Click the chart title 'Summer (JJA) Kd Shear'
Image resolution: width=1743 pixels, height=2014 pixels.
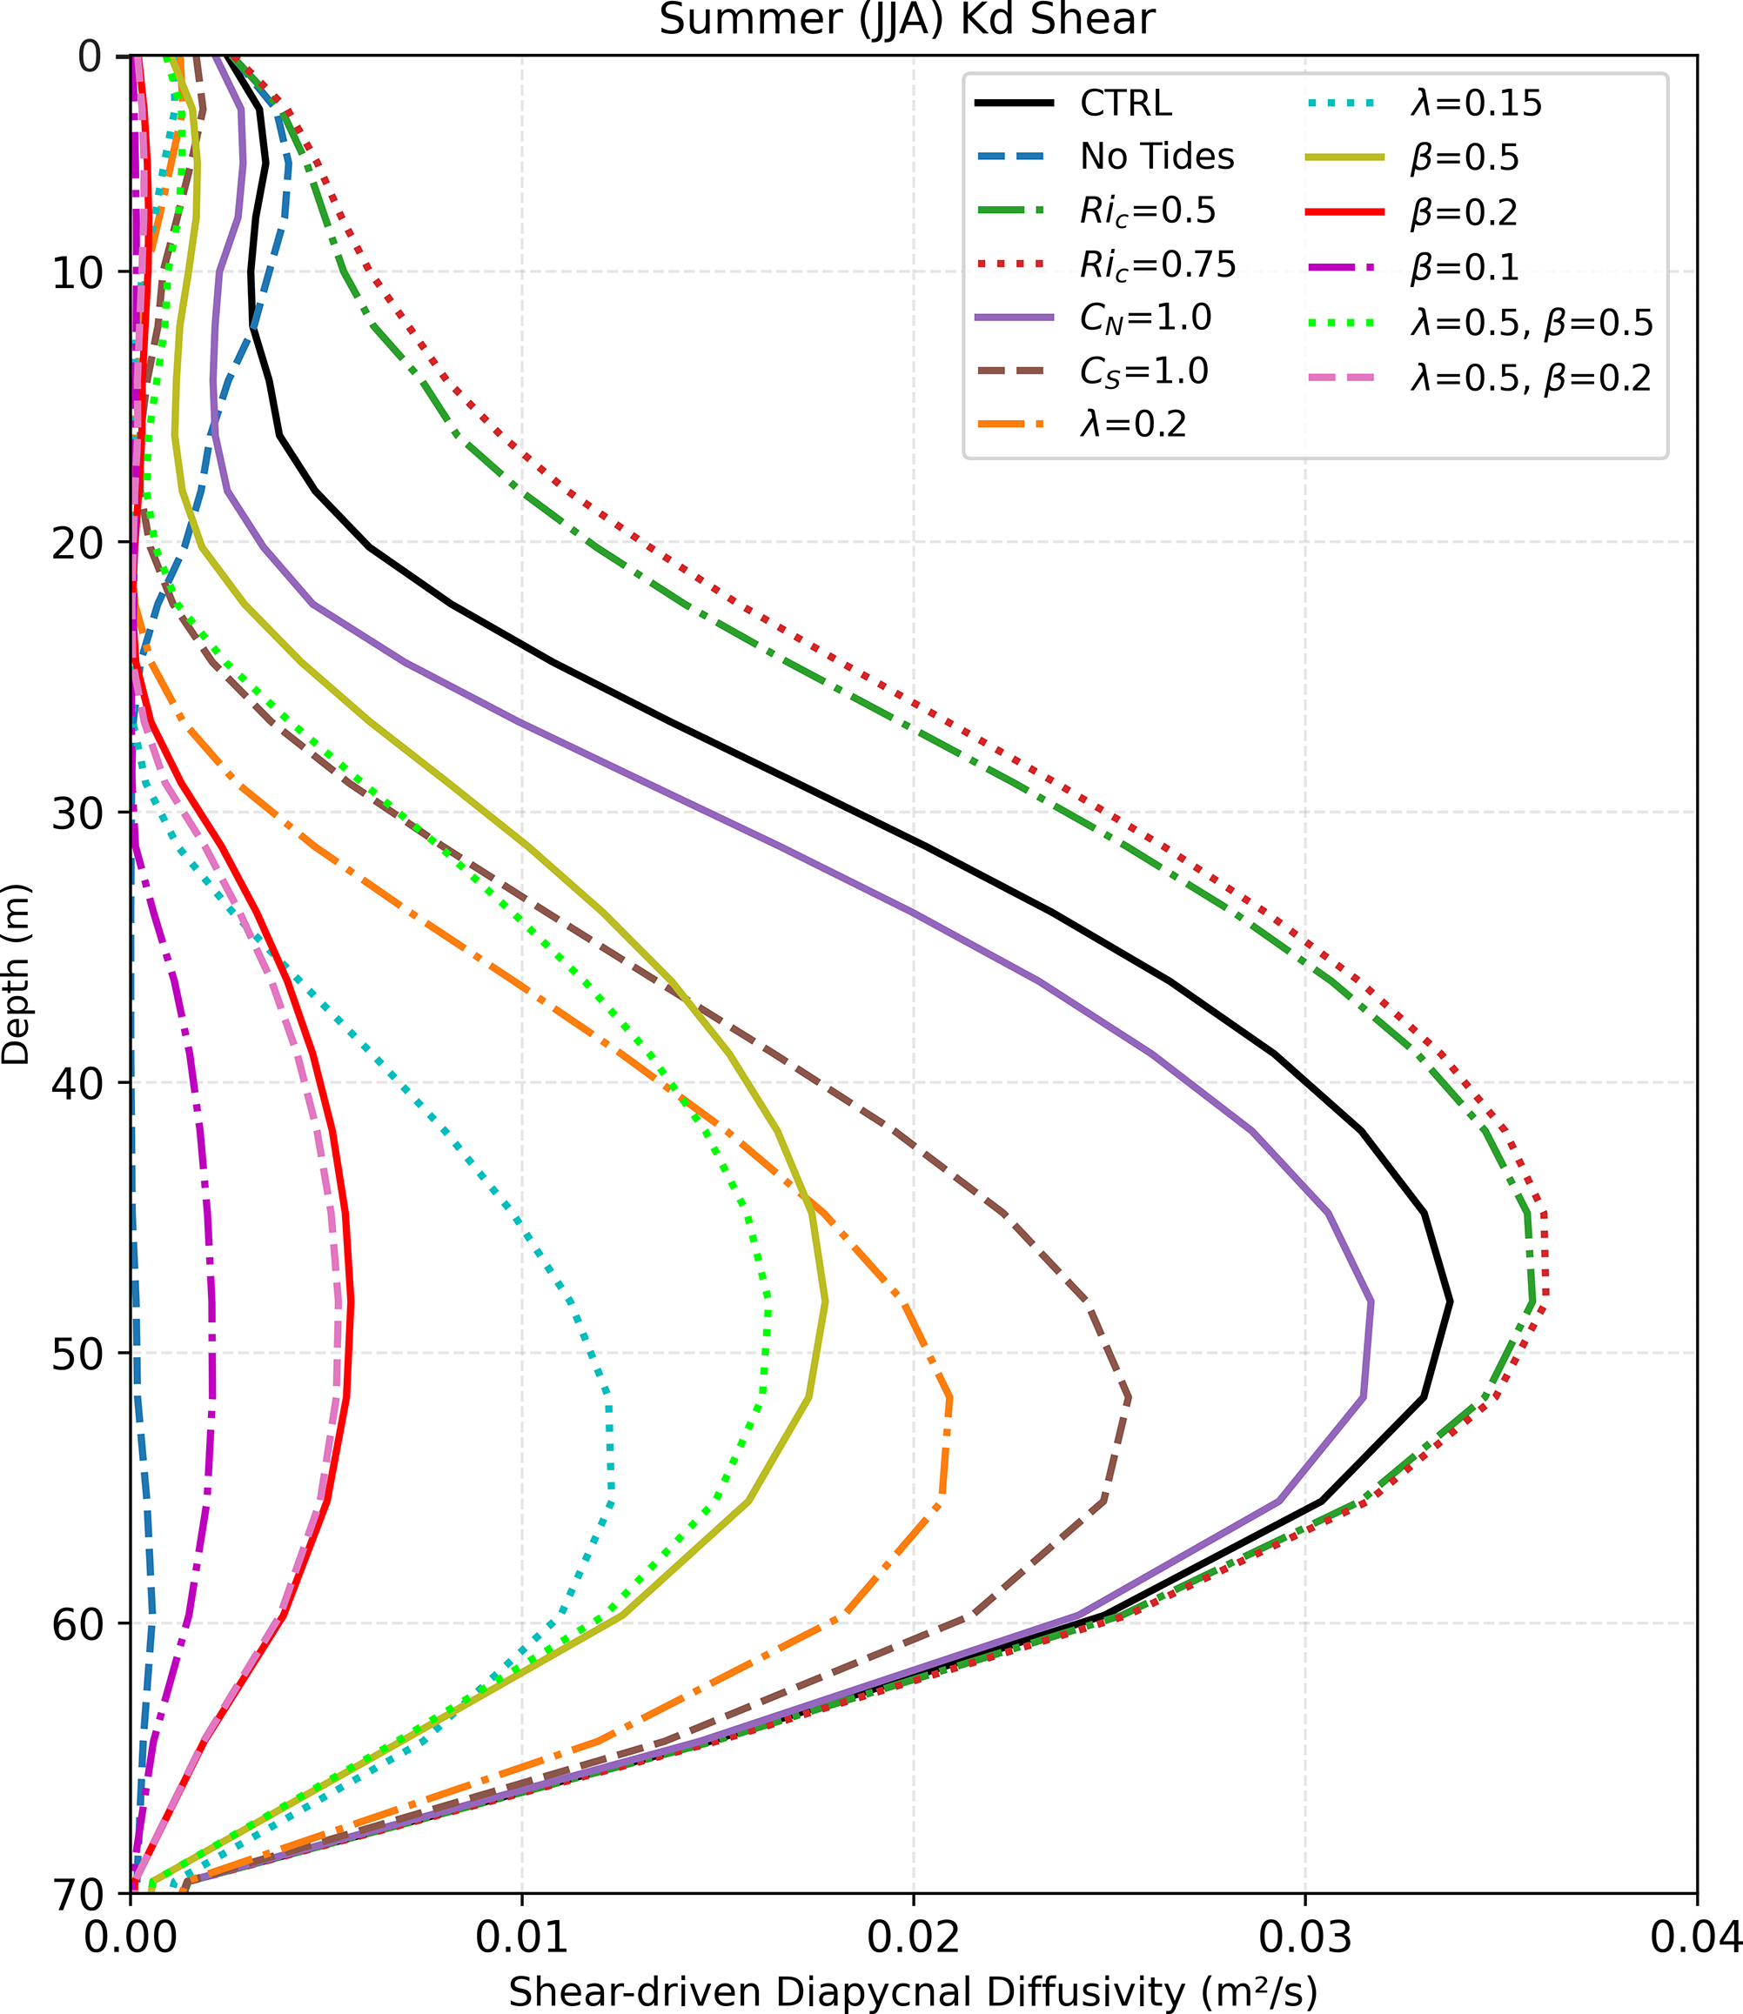tap(907, 19)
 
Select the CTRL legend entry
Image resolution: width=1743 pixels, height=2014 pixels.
tap(1125, 103)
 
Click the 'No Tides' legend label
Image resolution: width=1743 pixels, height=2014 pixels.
tap(1156, 157)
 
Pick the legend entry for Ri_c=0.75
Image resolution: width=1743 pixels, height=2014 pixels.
tap(1156, 264)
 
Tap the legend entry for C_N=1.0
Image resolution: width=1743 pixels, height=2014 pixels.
tap(1145, 318)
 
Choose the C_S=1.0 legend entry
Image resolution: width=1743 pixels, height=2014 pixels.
tap(1143, 371)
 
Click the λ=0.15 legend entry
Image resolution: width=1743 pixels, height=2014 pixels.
tap(1476, 103)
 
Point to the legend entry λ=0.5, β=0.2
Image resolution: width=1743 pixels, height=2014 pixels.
tap(1530, 378)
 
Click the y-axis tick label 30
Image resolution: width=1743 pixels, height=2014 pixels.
tap(76, 812)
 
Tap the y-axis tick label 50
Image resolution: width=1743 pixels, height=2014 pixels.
tap(76, 1353)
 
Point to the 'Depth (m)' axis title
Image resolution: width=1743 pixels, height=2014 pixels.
tap(17, 974)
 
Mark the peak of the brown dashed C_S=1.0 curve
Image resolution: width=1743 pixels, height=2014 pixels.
tap(1129, 1398)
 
